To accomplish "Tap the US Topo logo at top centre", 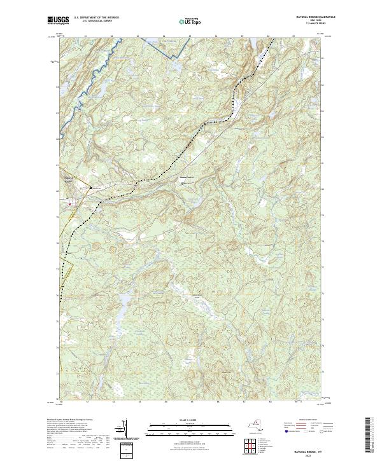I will pos(190,21).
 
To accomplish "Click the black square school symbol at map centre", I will pos(183,184).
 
